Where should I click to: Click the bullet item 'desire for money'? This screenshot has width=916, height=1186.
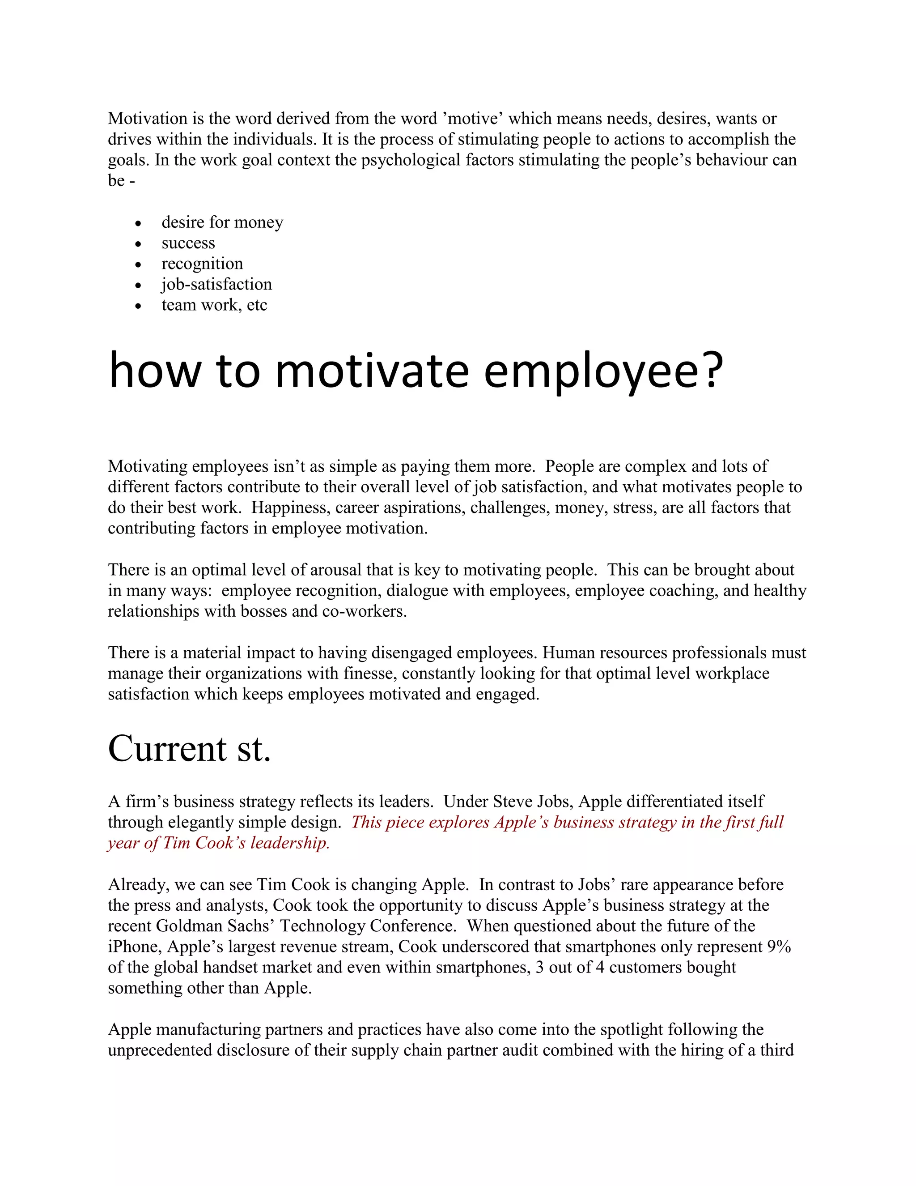[222, 222]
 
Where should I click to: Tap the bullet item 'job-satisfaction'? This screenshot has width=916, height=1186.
[216, 284]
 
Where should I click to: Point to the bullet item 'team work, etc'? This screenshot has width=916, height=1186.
[214, 305]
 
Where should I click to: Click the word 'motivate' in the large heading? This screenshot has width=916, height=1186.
[372, 371]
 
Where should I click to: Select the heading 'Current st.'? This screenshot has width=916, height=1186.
[189, 748]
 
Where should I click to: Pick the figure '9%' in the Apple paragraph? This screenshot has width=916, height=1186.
[779, 947]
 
